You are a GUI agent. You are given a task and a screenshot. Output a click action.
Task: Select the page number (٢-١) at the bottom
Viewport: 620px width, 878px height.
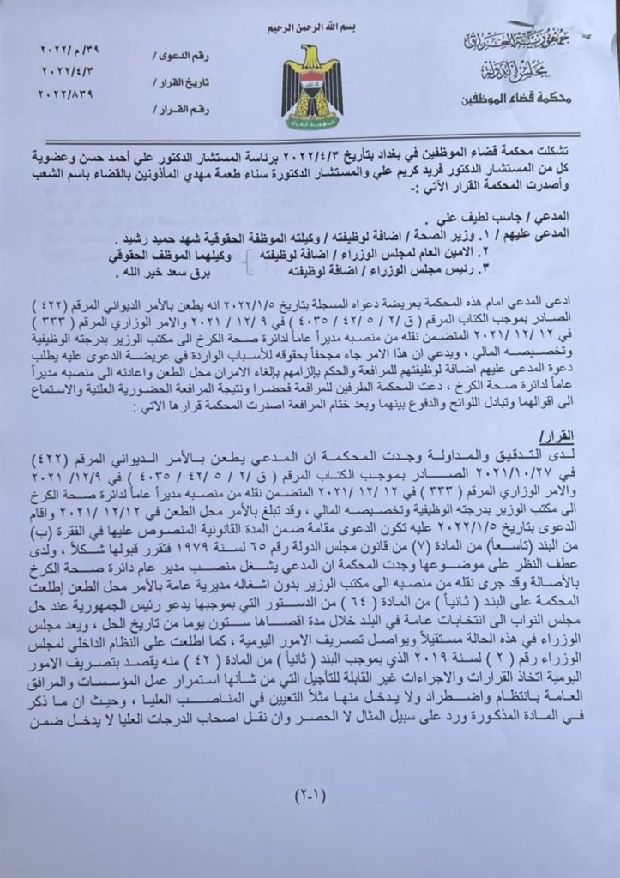pos(310,794)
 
